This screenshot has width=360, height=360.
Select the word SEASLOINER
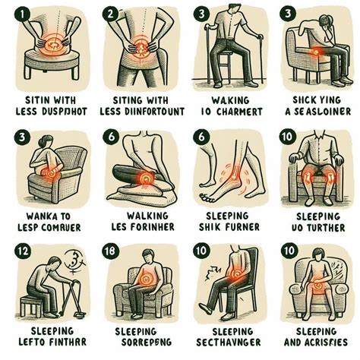tap(318, 112)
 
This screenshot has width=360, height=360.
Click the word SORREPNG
tap(134, 343)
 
